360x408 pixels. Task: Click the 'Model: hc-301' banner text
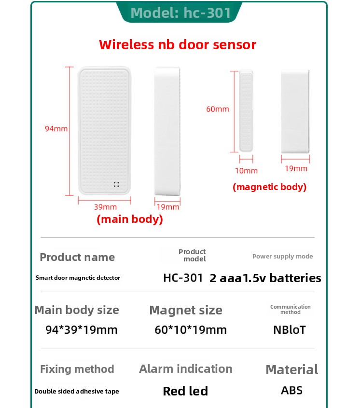coord(180,13)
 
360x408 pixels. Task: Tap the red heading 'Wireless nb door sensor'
coord(178,44)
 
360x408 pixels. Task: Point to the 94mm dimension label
coord(56,129)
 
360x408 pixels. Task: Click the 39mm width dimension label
coord(105,207)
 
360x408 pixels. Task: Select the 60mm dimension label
coord(218,109)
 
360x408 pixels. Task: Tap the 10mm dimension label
coord(246,171)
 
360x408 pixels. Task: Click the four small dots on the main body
coord(116,185)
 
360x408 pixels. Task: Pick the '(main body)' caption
coord(130,219)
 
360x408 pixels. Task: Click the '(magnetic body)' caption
coord(269,187)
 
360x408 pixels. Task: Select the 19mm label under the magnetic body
coord(296,168)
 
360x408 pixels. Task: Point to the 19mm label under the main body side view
coord(168,207)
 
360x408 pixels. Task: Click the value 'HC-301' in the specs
coord(183,278)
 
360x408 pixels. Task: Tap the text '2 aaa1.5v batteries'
coord(265,278)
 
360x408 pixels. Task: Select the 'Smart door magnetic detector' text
coord(78,278)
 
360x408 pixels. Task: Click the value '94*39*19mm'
coord(82,330)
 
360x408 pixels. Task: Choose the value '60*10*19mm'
coord(191,330)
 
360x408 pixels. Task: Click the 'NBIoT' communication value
coord(290,330)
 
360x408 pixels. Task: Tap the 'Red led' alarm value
coord(185,391)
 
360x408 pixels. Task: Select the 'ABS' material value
coord(292,390)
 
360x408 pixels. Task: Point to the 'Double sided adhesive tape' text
coord(77,391)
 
